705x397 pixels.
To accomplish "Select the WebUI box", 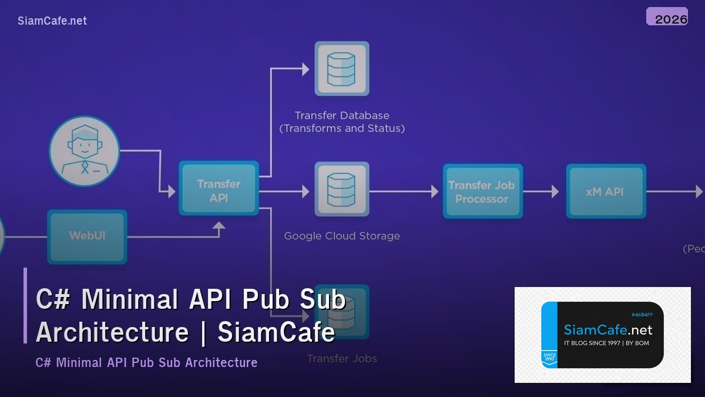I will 87,236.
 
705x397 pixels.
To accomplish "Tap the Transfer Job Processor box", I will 482,192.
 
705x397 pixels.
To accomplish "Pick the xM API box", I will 605,192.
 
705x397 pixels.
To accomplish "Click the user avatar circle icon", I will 84,151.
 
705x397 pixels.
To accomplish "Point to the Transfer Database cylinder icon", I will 341,69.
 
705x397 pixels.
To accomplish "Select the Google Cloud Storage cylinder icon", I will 341,189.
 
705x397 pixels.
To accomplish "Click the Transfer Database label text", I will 341,115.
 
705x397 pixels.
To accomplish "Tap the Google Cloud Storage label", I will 341,236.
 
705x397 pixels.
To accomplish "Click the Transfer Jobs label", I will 341,358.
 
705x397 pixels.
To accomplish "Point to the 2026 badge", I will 667,17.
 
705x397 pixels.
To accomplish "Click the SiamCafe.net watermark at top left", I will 52,21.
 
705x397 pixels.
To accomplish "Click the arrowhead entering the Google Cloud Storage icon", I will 305,191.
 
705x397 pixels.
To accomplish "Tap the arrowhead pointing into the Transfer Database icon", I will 305,69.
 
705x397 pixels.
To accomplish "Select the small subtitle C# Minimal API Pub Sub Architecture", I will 146,362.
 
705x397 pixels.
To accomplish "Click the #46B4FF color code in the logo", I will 642,315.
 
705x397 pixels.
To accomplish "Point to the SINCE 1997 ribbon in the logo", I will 549,358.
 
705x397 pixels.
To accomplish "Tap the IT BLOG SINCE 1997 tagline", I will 606,343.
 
